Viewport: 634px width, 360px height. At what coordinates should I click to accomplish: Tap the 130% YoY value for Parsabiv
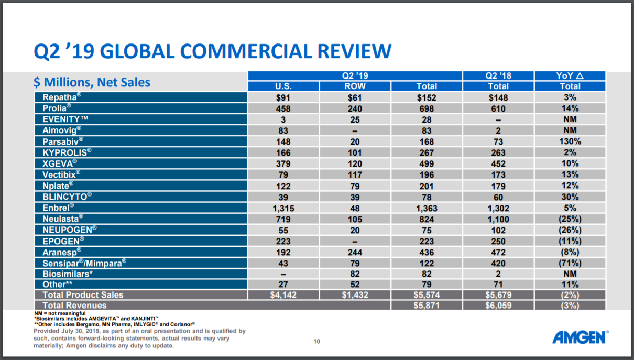click(x=570, y=141)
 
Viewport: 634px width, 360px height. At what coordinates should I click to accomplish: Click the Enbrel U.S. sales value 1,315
click(x=283, y=208)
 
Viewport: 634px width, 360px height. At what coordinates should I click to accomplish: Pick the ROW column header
click(x=355, y=86)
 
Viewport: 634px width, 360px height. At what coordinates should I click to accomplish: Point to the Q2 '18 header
click(x=498, y=76)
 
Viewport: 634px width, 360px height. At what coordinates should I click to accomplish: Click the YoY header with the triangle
click(x=570, y=76)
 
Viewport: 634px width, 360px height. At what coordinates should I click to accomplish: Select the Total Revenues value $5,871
click(x=426, y=306)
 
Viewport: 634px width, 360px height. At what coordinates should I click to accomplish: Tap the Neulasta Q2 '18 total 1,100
click(x=498, y=219)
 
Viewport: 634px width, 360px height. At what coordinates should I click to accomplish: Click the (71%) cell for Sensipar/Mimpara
click(x=570, y=263)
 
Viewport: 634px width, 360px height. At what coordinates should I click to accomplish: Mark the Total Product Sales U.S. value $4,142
click(x=283, y=295)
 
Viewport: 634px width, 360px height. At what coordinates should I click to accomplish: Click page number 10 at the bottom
click(x=316, y=342)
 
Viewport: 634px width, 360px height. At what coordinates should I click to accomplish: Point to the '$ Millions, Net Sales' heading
click(x=92, y=82)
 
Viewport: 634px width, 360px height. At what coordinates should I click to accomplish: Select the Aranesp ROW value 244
click(x=355, y=252)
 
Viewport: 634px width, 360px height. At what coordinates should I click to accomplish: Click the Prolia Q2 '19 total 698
click(x=426, y=108)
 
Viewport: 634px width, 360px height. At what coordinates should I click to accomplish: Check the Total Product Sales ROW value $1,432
click(x=355, y=295)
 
